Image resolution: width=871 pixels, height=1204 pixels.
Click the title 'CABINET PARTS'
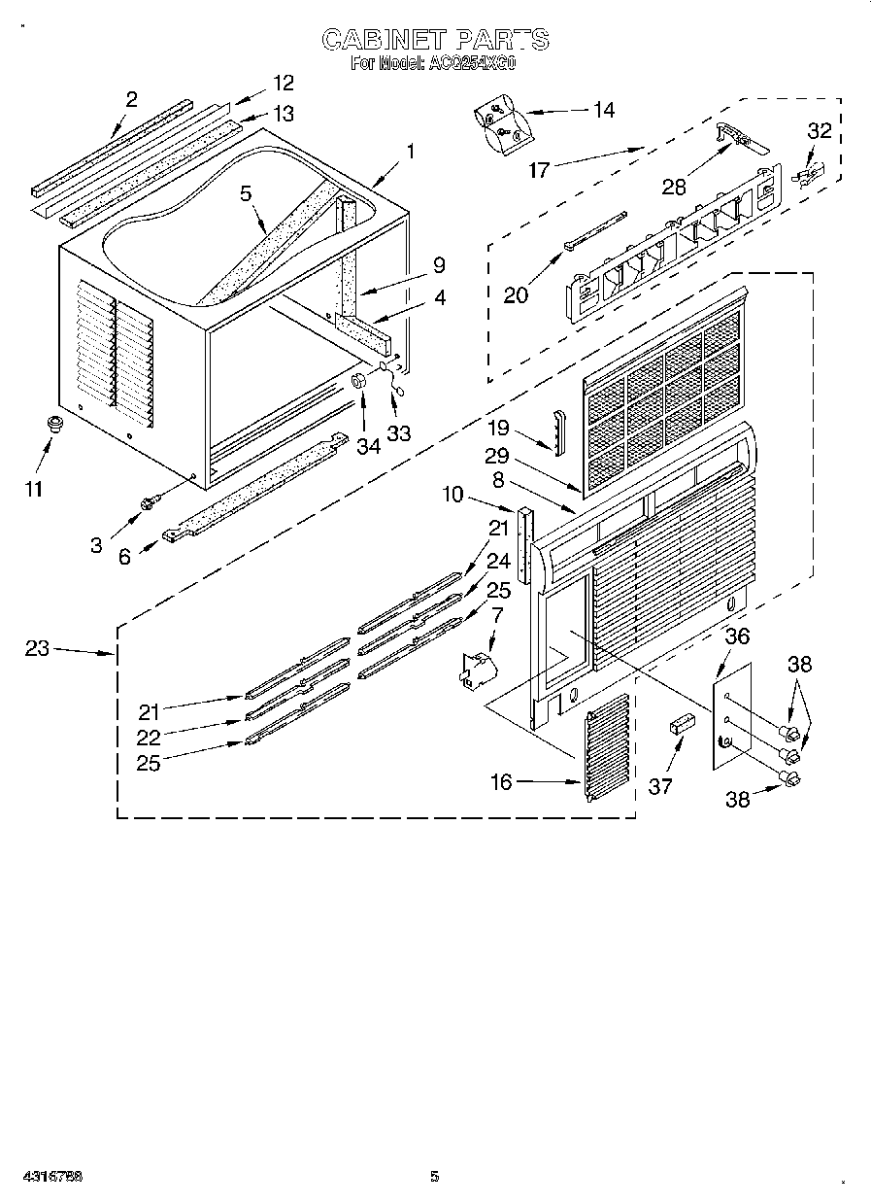tap(434, 40)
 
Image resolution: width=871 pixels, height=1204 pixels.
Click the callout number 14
tap(603, 111)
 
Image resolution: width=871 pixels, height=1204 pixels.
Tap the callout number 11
tap(34, 489)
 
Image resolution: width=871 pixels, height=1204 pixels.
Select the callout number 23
tap(37, 649)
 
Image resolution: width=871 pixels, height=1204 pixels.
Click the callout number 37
tap(660, 786)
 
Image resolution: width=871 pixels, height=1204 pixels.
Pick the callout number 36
tap(738, 636)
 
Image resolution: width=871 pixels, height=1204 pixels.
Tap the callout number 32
tap(820, 131)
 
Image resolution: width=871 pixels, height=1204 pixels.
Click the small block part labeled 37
tap(680, 724)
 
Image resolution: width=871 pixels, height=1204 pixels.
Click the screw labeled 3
tap(149, 502)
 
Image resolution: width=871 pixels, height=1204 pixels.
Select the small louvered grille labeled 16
tap(607, 745)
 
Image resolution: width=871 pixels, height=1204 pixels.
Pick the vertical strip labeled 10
tap(527, 546)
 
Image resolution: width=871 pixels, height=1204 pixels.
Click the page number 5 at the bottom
tap(434, 1177)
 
